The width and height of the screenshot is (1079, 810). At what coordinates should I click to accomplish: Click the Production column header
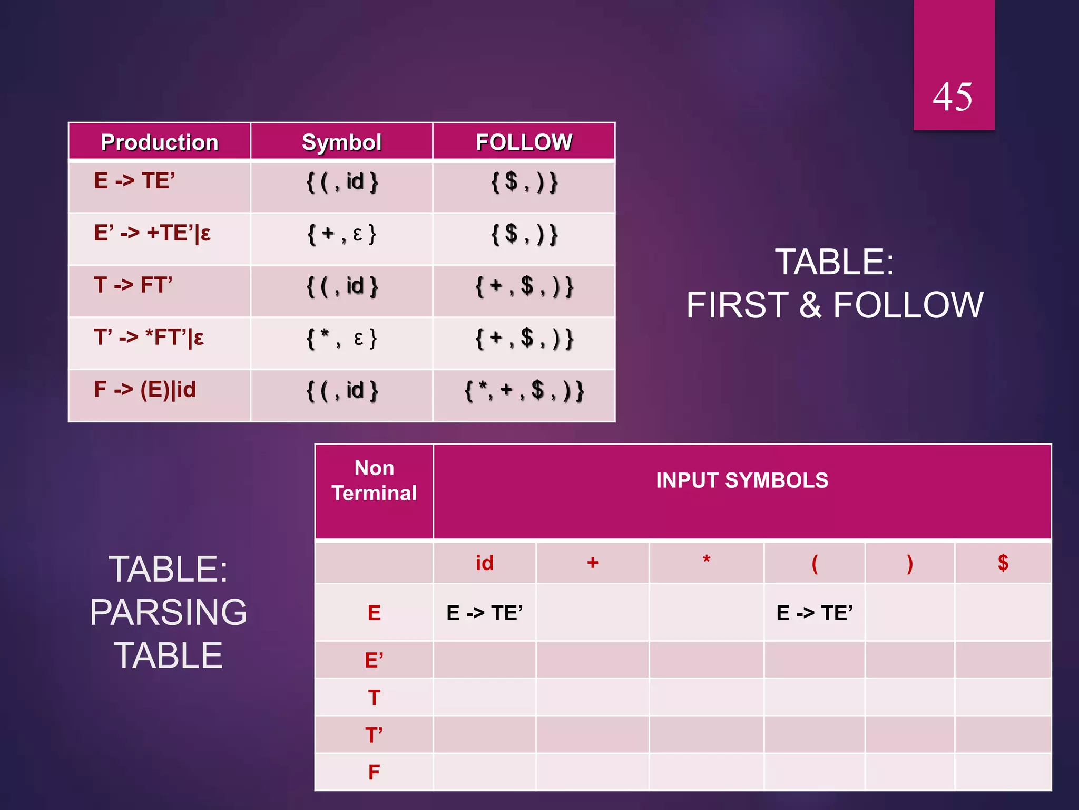pyautogui.click(x=159, y=142)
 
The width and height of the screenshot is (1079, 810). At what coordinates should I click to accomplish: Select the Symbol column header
pyautogui.click(x=341, y=142)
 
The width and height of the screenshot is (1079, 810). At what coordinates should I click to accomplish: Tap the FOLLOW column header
pyautogui.click(x=524, y=142)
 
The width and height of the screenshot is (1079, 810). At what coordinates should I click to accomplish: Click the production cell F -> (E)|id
pyautogui.click(x=145, y=390)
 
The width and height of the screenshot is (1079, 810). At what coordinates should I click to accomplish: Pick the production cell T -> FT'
pyautogui.click(x=133, y=285)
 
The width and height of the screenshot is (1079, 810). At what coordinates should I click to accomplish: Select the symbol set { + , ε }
pyautogui.click(x=341, y=234)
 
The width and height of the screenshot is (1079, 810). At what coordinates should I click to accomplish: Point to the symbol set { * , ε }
pyautogui.click(x=341, y=338)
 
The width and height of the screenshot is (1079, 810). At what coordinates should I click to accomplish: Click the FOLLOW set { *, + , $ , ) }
pyautogui.click(x=524, y=391)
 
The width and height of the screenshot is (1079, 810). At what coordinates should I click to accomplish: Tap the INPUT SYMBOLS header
pyautogui.click(x=742, y=480)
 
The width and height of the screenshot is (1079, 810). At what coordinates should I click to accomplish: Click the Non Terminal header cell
pyautogui.click(x=374, y=480)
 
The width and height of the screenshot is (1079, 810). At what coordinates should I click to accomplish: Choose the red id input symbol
pyautogui.click(x=485, y=563)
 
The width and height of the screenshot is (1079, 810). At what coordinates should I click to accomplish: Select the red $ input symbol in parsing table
pyautogui.click(x=1003, y=563)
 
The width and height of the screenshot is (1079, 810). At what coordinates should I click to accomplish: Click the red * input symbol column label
pyautogui.click(x=707, y=561)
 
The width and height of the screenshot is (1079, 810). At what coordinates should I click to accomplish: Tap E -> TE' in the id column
pyautogui.click(x=485, y=613)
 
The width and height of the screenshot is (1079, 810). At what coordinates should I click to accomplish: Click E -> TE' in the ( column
pyautogui.click(x=815, y=613)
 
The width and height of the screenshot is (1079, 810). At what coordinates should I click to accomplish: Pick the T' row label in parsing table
pyautogui.click(x=374, y=735)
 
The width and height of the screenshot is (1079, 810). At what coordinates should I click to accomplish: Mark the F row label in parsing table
pyautogui.click(x=374, y=773)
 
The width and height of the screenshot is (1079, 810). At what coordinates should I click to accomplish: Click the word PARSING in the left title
pyautogui.click(x=168, y=612)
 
